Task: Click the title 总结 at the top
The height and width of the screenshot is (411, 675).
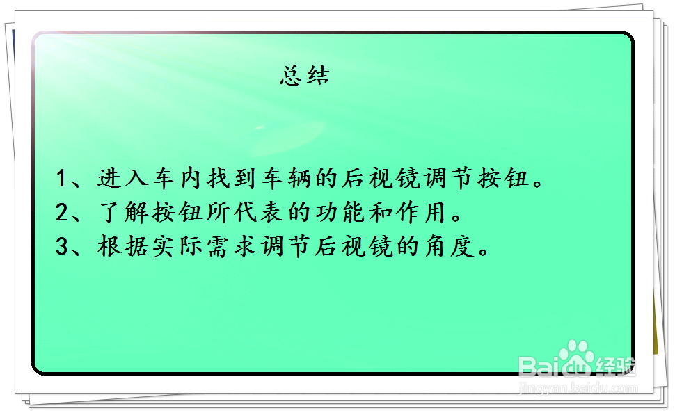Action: (x=305, y=76)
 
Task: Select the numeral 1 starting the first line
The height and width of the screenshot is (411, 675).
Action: (x=61, y=178)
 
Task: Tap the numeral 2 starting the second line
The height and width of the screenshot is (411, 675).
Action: (x=61, y=212)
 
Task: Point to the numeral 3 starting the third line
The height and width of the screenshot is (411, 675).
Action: (x=61, y=246)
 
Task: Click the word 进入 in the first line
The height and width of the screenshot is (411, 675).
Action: (x=122, y=178)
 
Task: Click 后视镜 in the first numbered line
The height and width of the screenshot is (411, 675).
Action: (x=381, y=178)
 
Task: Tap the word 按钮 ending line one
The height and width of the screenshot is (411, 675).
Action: (x=503, y=178)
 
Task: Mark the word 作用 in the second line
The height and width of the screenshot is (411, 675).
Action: (x=421, y=212)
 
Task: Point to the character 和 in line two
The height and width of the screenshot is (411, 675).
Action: (x=381, y=212)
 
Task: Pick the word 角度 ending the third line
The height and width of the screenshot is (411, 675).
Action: (x=449, y=246)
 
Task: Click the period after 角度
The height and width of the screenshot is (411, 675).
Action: (x=484, y=251)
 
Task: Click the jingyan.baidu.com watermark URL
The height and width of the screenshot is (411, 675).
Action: (x=578, y=388)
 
